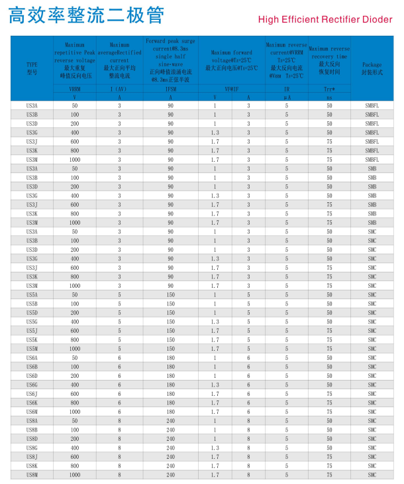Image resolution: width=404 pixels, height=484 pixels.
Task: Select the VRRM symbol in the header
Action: point(75,89)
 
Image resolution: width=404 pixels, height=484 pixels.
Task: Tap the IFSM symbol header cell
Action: point(170,89)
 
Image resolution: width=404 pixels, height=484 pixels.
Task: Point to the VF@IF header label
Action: point(231,89)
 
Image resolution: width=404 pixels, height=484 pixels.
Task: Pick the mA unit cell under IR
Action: point(287,97)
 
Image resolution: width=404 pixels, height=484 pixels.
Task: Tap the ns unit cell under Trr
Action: point(329,97)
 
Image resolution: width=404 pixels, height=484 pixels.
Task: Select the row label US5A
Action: point(32,294)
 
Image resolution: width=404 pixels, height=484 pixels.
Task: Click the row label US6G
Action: point(32,385)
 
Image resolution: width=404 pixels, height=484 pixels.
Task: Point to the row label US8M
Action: point(32,475)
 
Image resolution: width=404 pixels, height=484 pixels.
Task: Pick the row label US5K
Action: point(32,339)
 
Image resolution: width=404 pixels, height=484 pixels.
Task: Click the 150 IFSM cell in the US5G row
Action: point(170,322)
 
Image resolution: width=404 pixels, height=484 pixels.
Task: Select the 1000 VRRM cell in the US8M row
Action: point(75,475)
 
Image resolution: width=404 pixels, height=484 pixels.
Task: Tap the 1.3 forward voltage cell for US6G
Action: point(215,385)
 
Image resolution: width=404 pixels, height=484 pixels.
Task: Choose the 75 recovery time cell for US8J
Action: point(329,457)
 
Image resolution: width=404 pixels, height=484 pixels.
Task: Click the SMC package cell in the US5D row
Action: point(372,312)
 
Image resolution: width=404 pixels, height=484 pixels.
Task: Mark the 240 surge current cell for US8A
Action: point(170,420)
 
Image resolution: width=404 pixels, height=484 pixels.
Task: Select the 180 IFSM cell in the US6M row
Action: point(170,412)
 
